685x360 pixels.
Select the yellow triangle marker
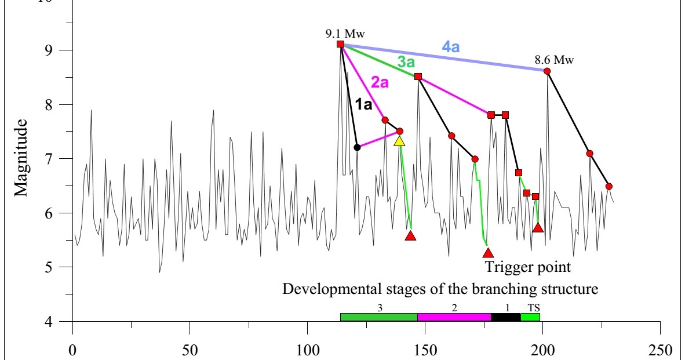(399, 141)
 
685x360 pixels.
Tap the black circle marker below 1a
(357, 147)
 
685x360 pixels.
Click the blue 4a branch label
(451, 48)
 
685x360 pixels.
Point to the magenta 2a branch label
(380, 83)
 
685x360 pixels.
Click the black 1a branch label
(363, 105)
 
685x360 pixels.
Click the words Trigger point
(528, 267)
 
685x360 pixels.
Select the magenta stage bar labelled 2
(454, 317)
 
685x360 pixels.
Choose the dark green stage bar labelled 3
(378, 317)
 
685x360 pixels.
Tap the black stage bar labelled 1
(506, 317)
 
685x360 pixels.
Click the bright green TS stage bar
(530, 317)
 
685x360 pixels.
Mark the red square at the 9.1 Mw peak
(341, 44)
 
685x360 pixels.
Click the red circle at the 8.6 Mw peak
(547, 71)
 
